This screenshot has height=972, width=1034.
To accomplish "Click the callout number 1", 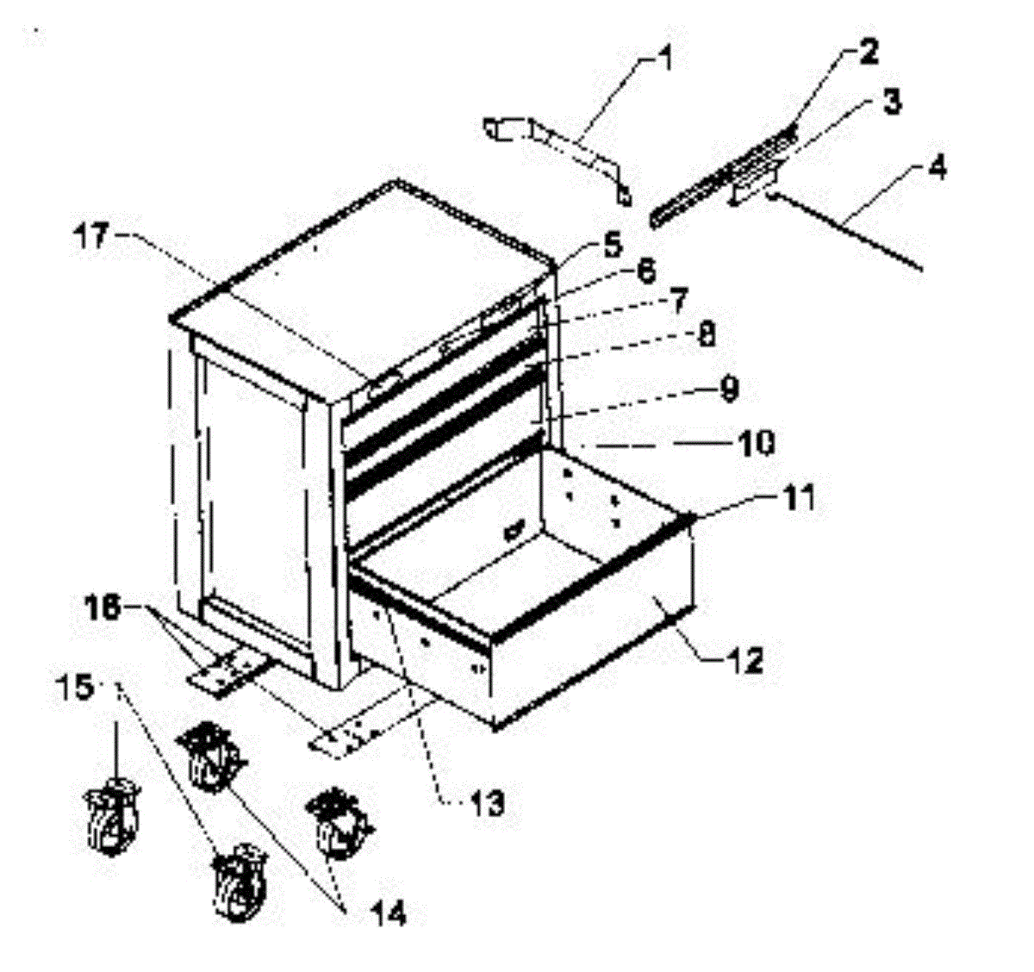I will coord(665,61).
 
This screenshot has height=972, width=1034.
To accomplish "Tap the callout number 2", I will coord(867,53).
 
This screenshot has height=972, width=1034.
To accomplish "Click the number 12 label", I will coord(742,661).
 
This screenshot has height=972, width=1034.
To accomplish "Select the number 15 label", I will coord(78,689).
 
